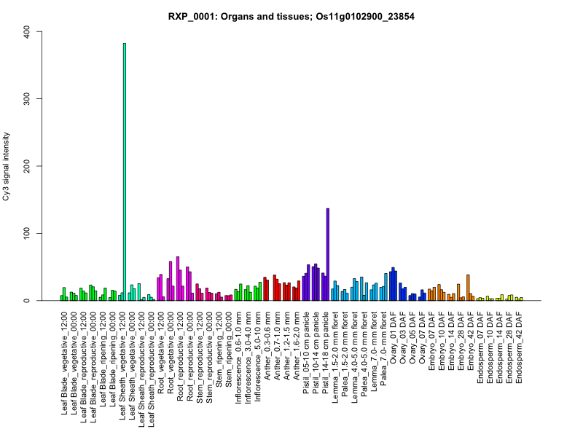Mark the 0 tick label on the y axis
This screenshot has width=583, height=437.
pos(28,301)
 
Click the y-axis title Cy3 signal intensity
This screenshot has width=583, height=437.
pos(8,166)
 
